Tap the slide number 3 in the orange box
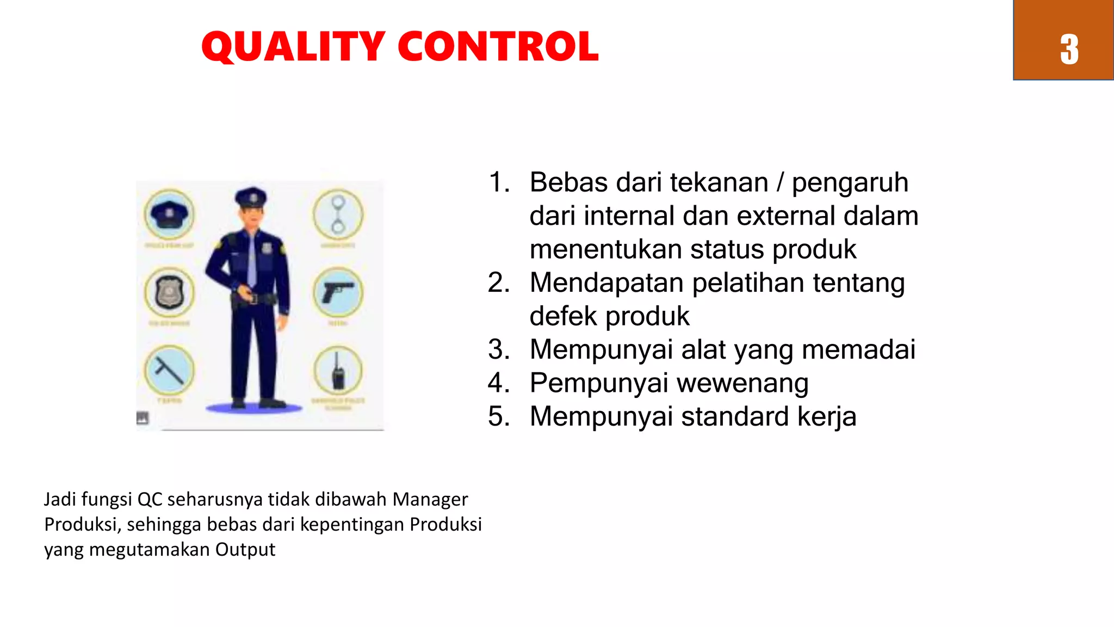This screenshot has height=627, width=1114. (1069, 50)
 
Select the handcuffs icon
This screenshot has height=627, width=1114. (338, 214)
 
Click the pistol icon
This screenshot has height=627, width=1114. (338, 293)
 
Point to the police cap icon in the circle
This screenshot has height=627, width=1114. (169, 214)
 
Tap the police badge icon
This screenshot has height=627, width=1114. (169, 293)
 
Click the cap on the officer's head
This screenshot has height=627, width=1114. (251, 197)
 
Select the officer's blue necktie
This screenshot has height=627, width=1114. (252, 259)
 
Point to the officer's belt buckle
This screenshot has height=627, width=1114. (253, 298)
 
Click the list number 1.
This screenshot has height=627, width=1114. (498, 182)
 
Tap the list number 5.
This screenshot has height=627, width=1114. (498, 416)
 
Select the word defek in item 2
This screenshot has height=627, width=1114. (563, 316)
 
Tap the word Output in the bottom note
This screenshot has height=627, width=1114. (245, 550)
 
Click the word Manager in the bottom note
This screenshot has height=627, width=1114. (430, 499)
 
